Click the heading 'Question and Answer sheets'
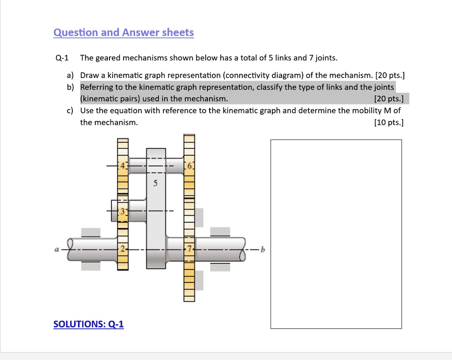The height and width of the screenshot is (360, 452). tap(123, 33)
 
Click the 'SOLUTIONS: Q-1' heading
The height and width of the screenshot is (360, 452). tap(88, 324)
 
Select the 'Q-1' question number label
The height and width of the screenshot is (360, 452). tap(62, 58)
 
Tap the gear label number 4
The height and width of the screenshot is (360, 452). tap(124, 166)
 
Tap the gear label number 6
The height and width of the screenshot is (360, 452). tap(190, 166)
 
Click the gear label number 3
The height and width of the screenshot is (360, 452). tap(124, 212)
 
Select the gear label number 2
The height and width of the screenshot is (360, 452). tap(124, 249)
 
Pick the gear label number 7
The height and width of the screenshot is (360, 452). tap(190, 249)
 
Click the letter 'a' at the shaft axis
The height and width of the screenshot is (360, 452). tap(56, 250)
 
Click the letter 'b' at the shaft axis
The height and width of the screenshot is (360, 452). tap(263, 250)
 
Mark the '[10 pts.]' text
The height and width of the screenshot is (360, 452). tap(388, 122)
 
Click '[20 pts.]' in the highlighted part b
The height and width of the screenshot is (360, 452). tap(388, 98)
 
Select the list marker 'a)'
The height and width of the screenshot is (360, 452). tap(71, 75)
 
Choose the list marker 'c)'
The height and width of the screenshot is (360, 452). tap(71, 110)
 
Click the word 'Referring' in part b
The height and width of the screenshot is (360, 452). tap(96, 87)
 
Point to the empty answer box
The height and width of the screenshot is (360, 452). tap(336, 234)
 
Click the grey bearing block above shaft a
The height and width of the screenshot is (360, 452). tap(91, 232)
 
